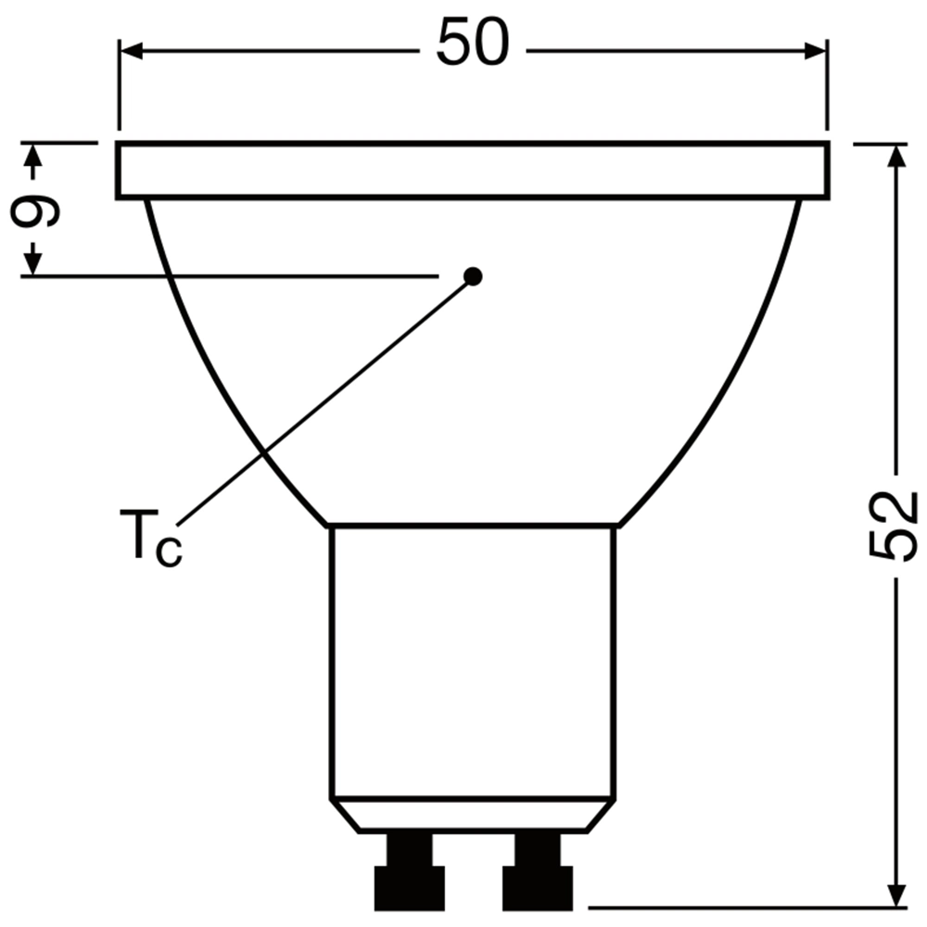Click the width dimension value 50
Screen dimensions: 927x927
473,44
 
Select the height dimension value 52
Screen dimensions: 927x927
894,526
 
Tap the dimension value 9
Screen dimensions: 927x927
35,210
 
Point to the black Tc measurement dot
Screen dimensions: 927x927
474,275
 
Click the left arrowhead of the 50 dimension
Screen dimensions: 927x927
130,51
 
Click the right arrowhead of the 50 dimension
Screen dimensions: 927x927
816,51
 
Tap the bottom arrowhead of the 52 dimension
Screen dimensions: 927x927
895,895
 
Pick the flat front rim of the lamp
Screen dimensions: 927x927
473,171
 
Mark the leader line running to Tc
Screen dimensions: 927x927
324,399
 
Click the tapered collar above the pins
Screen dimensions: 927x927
473,816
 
